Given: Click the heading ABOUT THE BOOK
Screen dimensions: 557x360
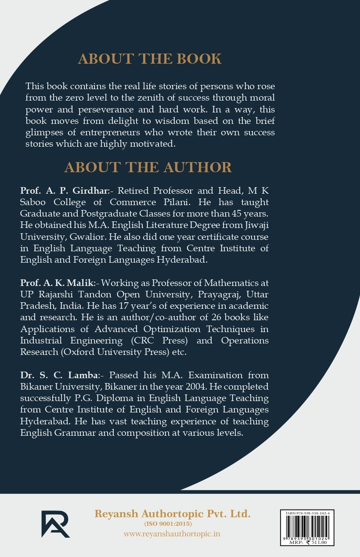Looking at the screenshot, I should click(x=150, y=58).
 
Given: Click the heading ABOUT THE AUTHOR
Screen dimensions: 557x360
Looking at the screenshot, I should click(x=148, y=167).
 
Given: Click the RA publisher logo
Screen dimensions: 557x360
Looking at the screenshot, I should click(x=55, y=524).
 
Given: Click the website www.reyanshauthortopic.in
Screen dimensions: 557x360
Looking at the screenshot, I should click(x=172, y=534).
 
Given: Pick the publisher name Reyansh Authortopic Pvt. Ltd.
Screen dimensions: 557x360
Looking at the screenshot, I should click(x=172, y=513).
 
